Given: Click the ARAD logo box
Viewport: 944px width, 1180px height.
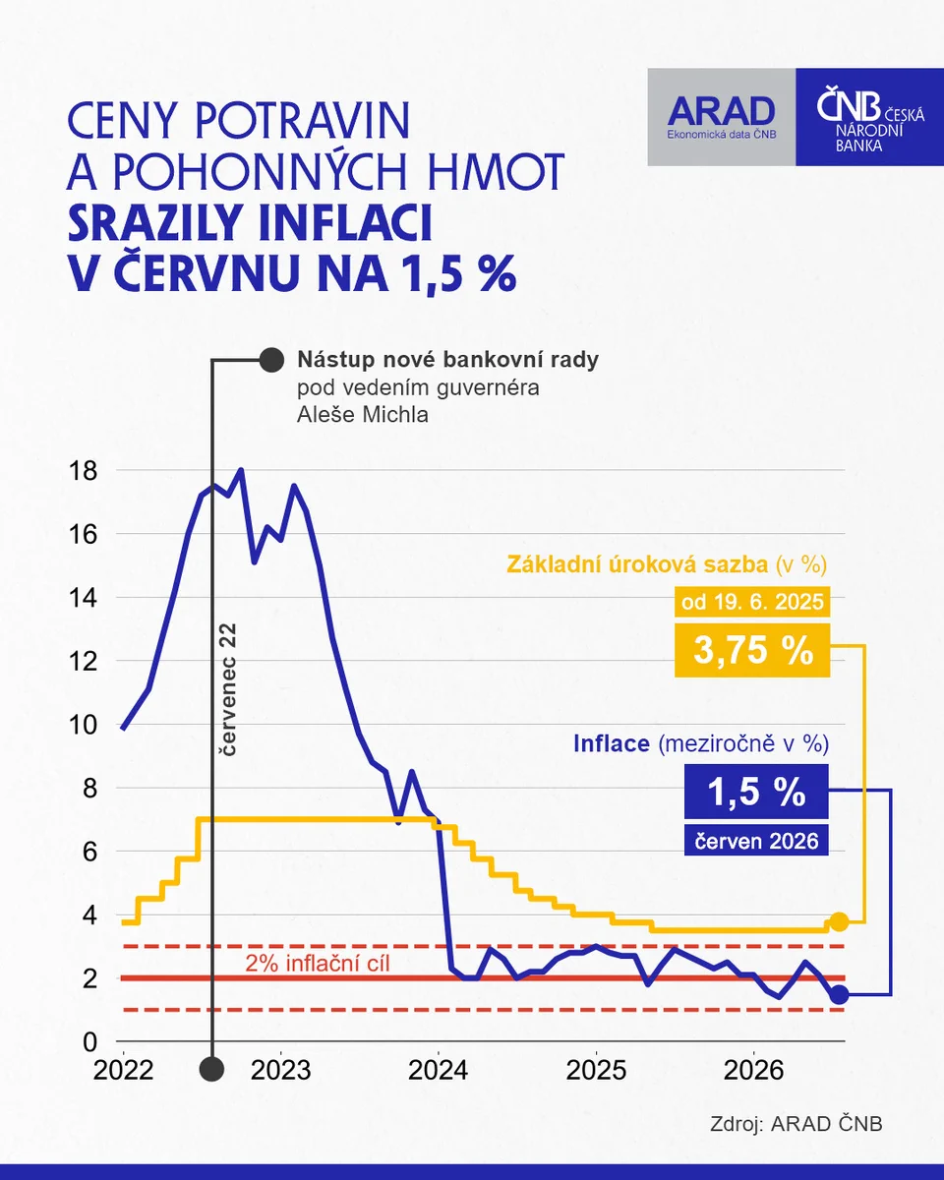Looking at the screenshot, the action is pyautogui.click(x=722, y=117).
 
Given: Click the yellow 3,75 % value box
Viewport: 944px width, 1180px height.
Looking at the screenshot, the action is pyautogui.click(x=752, y=650).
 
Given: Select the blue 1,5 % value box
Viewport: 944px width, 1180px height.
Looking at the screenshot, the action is pyautogui.click(x=756, y=792).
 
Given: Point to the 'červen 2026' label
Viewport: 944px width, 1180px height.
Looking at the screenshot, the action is pyautogui.click(x=756, y=841).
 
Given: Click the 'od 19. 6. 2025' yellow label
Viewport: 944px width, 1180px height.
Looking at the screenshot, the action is pyautogui.click(x=752, y=602).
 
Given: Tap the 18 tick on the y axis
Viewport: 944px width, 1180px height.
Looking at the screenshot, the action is pyautogui.click(x=83, y=471).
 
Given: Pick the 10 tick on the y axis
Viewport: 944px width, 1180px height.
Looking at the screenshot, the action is pyautogui.click(x=83, y=725).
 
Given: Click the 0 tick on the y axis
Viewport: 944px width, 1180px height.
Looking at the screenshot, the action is pyautogui.click(x=89, y=1042).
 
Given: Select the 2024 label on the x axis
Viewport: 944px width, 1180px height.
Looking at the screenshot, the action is pyautogui.click(x=439, y=1070).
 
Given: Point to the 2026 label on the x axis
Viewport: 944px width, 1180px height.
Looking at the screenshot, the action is pyautogui.click(x=753, y=1070).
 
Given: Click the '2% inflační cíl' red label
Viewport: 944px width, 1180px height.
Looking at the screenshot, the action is pyautogui.click(x=317, y=964).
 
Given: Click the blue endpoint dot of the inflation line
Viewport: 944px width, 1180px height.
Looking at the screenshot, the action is pyautogui.click(x=839, y=994).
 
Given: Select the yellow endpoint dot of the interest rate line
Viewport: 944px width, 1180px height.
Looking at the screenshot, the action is pyautogui.click(x=839, y=922).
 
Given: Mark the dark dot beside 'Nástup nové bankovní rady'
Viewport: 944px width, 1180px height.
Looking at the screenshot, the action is pyautogui.click(x=271, y=360).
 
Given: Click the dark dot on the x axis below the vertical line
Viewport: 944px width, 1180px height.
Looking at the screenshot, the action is pyautogui.click(x=211, y=1069).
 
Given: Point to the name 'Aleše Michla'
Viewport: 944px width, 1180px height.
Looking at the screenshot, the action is pyautogui.click(x=363, y=415).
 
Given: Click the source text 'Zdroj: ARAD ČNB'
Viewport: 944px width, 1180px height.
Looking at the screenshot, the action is pyautogui.click(x=796, y=1124).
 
